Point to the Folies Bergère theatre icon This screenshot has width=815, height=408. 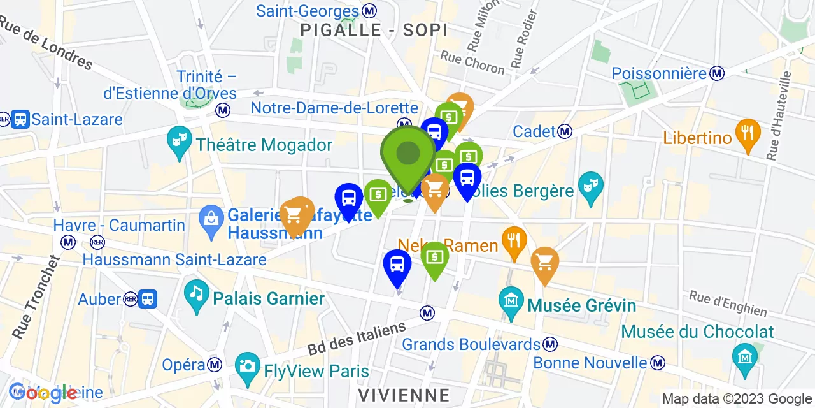click(590, 187)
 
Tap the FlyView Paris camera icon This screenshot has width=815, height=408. click(246, 366)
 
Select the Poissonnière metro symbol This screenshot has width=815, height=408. click(718, 73)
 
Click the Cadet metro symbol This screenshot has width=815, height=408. click(564, 131)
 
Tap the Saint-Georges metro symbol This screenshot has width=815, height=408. click(369, 11)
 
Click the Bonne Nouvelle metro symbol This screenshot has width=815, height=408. click(658, 363)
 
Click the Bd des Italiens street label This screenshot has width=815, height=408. click(357, 339)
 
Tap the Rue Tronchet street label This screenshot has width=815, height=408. click(36, 296)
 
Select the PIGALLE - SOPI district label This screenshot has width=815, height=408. click(374, 30)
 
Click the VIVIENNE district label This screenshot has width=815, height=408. click(404, 393)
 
